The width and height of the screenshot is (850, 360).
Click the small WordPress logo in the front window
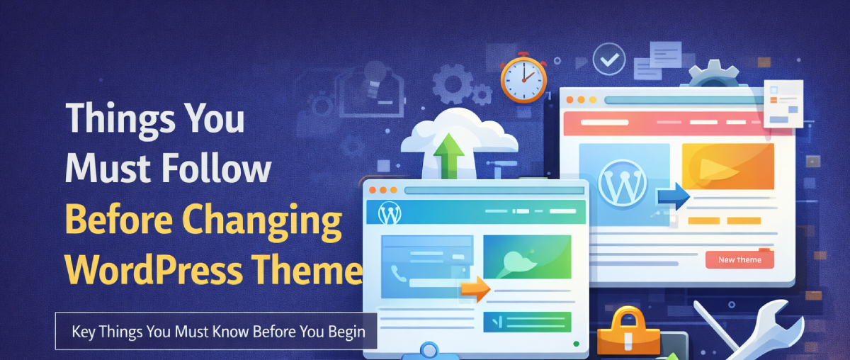tap(390, 213)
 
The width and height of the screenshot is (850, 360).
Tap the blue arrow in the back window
tap(672, 196)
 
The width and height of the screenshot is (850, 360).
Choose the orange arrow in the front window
tap(475, 287)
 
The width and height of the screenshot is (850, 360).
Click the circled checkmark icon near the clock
tap(607, 61)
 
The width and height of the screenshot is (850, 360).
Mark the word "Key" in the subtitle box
tap(82, 331)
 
